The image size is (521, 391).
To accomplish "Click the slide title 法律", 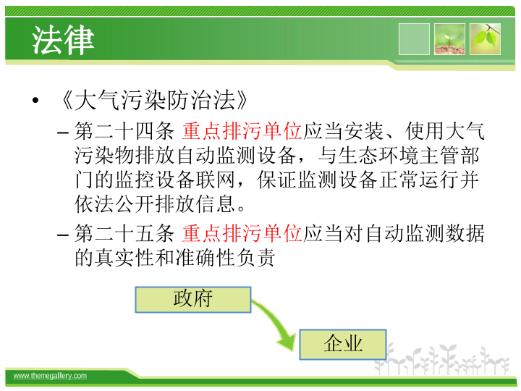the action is pos(63,41).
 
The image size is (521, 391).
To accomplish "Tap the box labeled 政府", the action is pos(193,300).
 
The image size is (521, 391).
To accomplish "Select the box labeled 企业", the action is pos(343,345).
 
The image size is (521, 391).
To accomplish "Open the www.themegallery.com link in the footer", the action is pos(50,376).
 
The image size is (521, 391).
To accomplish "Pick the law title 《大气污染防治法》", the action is pos(153,100).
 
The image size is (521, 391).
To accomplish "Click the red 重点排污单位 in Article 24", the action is pos(242,131).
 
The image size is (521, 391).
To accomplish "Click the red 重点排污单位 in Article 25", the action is pos(242,233).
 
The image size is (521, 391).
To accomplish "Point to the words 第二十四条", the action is pos(124,131).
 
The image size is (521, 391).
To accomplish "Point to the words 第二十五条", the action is pos(124,233).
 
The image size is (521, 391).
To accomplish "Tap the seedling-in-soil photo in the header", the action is pos(449,39).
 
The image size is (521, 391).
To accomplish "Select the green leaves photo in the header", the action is pos(485,39).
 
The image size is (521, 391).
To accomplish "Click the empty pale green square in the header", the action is pos(414,39).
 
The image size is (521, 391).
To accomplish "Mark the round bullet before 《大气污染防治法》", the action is pos(35,101).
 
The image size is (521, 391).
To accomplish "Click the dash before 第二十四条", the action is pos(63,133).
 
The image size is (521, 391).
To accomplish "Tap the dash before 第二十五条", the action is pos(63,235).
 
